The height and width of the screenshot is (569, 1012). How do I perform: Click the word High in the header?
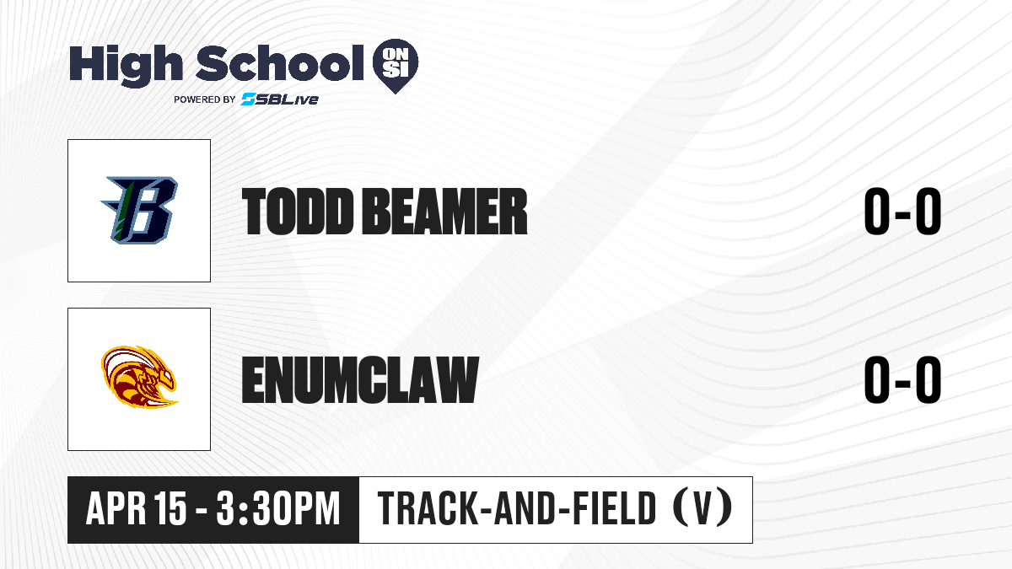click(x=126, y=66)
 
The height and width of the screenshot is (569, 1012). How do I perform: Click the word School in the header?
click(x=280, y=63)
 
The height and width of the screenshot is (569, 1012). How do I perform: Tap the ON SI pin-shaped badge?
click(x=396, y=66)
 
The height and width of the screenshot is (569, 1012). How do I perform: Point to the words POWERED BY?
click(x=205, y=99)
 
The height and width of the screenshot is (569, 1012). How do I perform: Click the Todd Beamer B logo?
click(x=139, y=211)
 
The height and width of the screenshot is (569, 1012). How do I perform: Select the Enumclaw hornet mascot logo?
click(x=139, y=377)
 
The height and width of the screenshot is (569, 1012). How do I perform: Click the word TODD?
click(x=297, y=212)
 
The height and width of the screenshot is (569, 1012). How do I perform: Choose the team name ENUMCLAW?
click(x=360, y=379)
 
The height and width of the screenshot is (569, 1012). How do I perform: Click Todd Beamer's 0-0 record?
click(x=902, y=212)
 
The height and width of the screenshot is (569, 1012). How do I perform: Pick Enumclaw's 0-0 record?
click(x=902, y=379)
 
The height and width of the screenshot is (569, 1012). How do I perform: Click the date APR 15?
click(x=136, y=508)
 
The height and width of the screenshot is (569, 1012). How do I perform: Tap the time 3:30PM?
click(x=277, y=508)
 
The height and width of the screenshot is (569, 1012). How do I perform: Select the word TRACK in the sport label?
click(x=427, y=508)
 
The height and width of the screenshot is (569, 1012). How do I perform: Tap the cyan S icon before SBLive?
click(x=248, y=99)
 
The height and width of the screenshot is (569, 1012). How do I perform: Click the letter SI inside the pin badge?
click(x=396, y=70)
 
